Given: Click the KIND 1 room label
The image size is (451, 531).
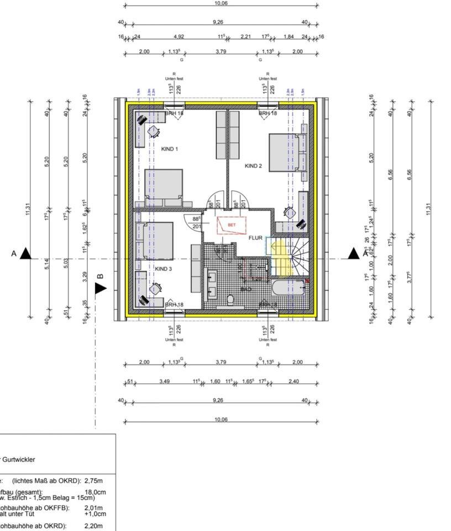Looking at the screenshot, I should pos(169,149).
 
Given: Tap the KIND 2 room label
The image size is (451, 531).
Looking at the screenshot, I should pos(253,165).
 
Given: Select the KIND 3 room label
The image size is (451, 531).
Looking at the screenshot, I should pos(163,269).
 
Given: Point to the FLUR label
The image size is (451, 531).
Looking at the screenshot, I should pos(255,238).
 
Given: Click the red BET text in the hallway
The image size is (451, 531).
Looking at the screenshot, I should pos(232,225).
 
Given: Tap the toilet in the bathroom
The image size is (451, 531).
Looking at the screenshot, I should pos(230,300).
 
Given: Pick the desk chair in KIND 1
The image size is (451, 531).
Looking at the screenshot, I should pos(153,132).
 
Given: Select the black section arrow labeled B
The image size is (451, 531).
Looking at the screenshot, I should pos(101,288).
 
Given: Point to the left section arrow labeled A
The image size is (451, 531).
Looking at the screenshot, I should pos(25,254).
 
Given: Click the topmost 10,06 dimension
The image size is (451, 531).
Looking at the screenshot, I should pos(221,3).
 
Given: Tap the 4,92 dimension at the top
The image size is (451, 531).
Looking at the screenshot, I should pos(179,37).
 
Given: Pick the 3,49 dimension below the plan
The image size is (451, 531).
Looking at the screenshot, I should pos(164,381).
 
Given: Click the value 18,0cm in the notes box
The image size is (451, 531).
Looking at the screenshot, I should pos(95,492).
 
